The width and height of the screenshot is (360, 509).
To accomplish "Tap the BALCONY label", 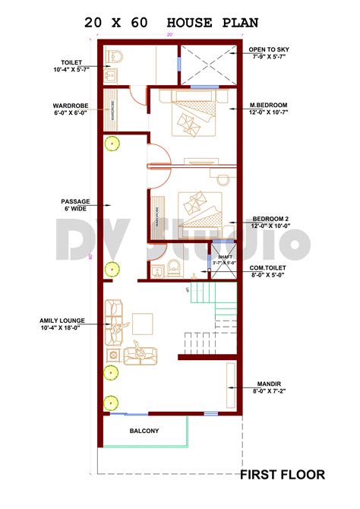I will point(144,432).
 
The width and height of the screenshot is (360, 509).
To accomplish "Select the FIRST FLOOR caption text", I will point(283,475).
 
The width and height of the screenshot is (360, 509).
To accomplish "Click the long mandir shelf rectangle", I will point(232,385).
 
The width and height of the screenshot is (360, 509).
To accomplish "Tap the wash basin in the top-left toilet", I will point(111,74).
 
